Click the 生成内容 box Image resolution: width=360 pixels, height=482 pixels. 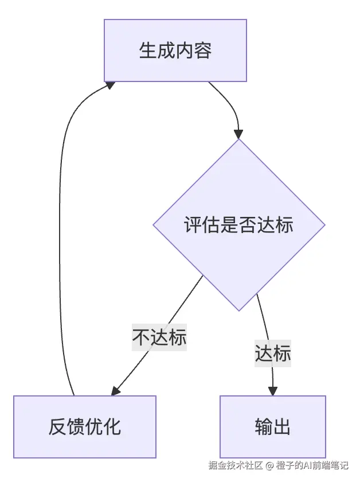pyautogui.click(x=175, y=50)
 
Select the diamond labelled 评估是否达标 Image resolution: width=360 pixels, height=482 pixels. pyautogui.click(x=239, y=224)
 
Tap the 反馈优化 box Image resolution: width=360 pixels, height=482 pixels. pyautogui.click(x=85, y=427)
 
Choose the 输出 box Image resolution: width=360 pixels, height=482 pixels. pyautogui.click(x=273, y=427)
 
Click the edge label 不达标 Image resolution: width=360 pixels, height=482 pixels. pyautogui.click(x=159, y=337)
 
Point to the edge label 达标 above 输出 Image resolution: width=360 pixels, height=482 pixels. pyautogui.click(x=273, y=353)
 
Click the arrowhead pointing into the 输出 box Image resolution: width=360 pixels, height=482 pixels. pyautogui.click(x=273, y=391)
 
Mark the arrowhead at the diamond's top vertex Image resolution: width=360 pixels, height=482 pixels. pyautogui.click(x=239, y=134)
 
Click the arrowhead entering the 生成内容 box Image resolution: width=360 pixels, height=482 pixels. pyautogui.click(x=109, y=85)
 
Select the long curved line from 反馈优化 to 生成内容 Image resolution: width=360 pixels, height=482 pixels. pyautogui.click(x=60, y=230)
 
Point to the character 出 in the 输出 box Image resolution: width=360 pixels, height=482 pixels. pyautogui.click(x=282, y=427)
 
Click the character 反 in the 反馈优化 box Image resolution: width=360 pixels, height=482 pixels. pyautogui.click(x=57, y=427)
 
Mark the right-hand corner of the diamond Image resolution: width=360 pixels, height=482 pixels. pyautogui.click(x=324, y=224)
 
